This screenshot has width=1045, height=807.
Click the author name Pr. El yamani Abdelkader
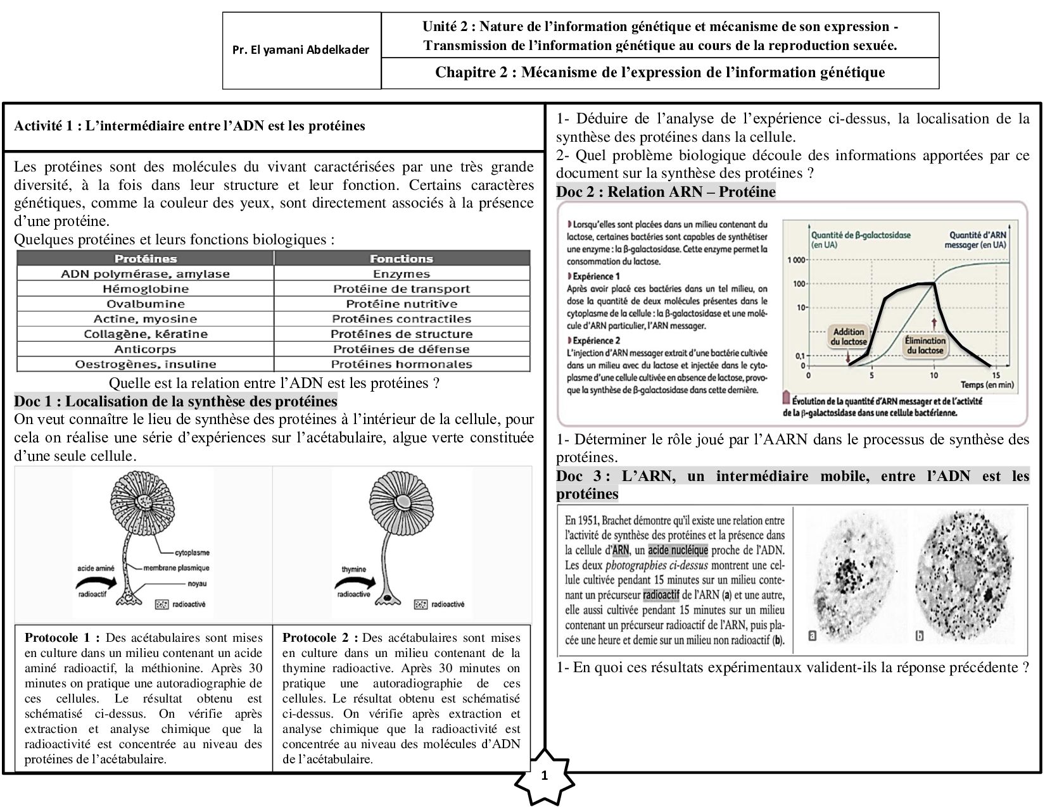[x=301, y=50]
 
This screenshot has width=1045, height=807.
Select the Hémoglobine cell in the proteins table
[x=146, y=289]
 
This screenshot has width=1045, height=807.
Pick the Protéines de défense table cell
[x=402, y=349]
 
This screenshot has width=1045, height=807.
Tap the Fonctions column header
[x=402, y=259]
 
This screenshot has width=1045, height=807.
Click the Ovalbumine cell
[x=146, y=304]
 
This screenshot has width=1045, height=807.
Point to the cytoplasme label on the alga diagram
[x=193, y=553]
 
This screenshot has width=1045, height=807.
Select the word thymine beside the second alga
[x=354, y=569]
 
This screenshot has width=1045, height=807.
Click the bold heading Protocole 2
[x=320, y=637]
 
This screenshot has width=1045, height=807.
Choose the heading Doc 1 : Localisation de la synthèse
[x=175, y=401]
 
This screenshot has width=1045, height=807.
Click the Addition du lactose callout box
[x=849, y=336]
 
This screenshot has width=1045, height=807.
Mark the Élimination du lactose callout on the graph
[x=925, y=345]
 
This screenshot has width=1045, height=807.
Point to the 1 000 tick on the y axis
[x=796, y=260]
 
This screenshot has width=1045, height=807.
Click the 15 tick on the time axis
[x=996, y=375]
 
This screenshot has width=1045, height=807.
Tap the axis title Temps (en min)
[x=987, y=385]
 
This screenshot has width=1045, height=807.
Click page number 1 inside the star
[x=544, y=776]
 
